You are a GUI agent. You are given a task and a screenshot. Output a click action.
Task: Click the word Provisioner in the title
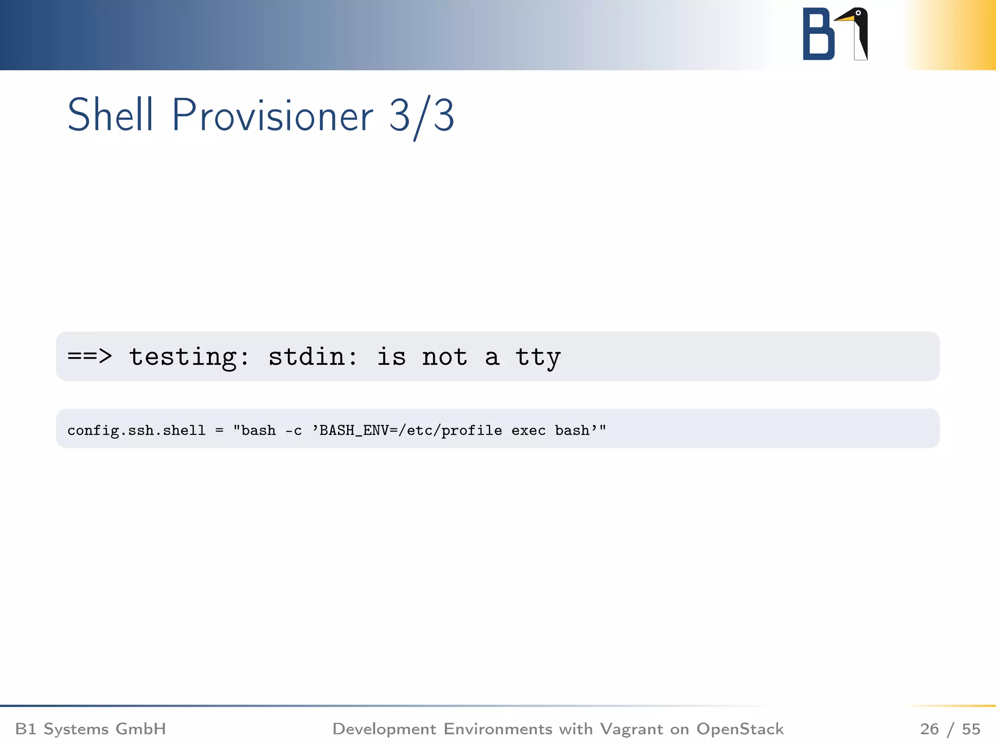click(272, 116)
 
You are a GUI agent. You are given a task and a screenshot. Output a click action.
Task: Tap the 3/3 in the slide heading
click(421, 116)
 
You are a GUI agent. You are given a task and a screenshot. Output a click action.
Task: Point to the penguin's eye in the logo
click(858, 13)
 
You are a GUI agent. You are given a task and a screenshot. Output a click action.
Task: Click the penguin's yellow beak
click(844, 18)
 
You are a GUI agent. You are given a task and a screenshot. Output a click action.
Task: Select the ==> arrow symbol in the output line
click(89, 356)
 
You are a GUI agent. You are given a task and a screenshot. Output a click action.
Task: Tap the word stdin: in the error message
click(313, 356)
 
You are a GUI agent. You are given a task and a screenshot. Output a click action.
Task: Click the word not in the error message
click(444, 356)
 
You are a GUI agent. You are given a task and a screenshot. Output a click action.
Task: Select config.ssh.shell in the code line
click(136, 430)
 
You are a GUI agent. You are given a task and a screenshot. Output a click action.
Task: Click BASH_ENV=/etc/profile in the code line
click(410, 430)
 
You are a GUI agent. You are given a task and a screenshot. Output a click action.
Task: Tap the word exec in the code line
click(528, 430)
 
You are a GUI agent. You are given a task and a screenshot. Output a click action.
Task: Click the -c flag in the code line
click(293, 430)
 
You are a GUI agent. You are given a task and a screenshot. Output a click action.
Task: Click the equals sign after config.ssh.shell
click(219, 430)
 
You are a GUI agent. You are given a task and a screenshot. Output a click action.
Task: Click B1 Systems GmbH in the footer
click(90, 729)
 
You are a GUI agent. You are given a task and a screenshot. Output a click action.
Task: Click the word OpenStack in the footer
click(740, 729)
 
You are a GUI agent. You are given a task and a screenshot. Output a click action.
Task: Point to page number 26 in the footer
click(929, 729)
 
